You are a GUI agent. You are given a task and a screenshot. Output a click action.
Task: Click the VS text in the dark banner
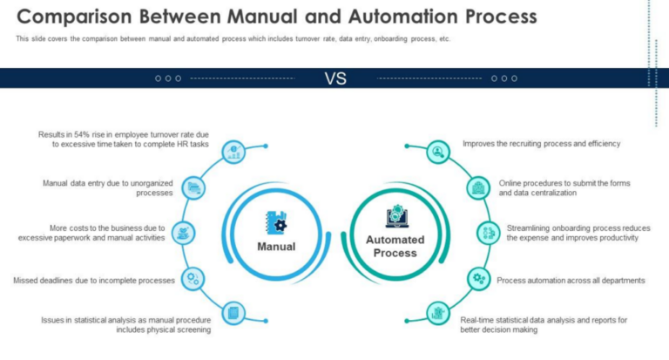click(335, 78)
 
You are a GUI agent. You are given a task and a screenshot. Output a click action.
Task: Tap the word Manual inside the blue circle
click(276, 246)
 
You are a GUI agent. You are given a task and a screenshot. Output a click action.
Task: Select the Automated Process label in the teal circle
click(395, 246)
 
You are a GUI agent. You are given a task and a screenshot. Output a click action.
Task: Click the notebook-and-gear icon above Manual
click(276, 222)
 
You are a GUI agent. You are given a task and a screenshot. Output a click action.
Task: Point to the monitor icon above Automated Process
click(395, 216)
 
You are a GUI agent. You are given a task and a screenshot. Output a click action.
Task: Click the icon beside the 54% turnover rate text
click(233, 152)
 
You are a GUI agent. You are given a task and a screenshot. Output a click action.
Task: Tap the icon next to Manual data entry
click(195, 187)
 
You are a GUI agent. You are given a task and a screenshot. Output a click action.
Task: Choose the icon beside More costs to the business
click(183, 232)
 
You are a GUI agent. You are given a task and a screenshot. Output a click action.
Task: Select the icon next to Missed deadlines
click(193, 278)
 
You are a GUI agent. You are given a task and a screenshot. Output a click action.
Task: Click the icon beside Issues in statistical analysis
click(233, 313)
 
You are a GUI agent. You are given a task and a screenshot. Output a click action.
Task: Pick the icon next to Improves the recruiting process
click(437, 152)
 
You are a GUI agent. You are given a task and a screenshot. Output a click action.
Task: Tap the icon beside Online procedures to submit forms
click(478, 187)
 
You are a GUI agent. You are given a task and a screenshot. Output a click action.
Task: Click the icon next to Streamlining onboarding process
click(487, 232)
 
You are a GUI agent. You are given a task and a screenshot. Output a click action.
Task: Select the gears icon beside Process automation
click(478, 278)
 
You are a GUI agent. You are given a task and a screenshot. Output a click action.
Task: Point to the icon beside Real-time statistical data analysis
click(437, 313)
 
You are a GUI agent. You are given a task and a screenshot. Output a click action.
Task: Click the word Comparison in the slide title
click(77, 17)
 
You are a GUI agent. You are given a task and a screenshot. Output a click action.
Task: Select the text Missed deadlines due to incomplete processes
click(95, 280)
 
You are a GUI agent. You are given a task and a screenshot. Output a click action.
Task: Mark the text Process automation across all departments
click(571, 280)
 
